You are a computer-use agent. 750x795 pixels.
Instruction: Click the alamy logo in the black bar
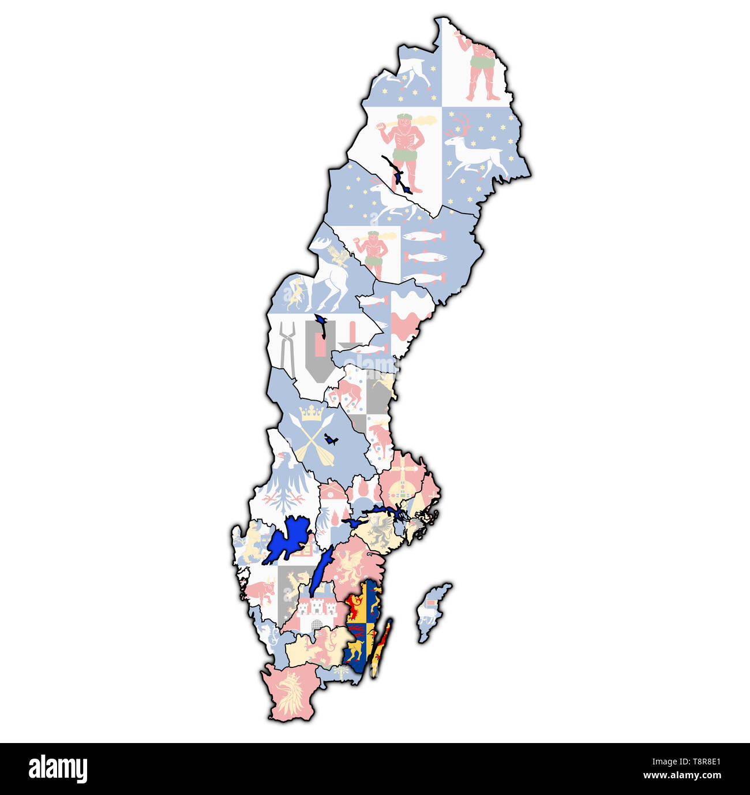[58, 769]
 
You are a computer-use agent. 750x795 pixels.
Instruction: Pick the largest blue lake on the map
[288, 539]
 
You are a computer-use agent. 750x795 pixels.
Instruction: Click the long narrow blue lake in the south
[320, 572]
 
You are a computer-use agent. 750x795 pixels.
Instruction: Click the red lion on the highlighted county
[354, 606]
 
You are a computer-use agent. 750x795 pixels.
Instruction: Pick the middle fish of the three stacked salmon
[425, 257]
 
